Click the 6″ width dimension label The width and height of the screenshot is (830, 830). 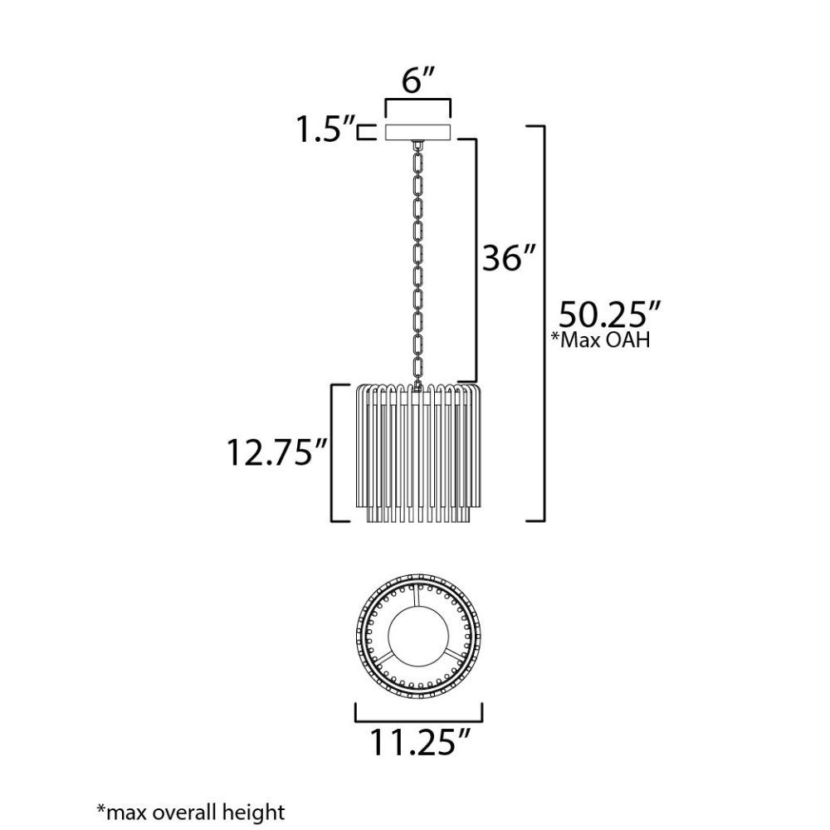pos(418,81)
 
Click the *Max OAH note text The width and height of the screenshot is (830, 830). pos(601,339)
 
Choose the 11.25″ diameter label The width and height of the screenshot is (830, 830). pos(419,742)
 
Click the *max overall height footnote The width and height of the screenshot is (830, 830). pos(191,812)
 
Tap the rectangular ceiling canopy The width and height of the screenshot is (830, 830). pos(417,132)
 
